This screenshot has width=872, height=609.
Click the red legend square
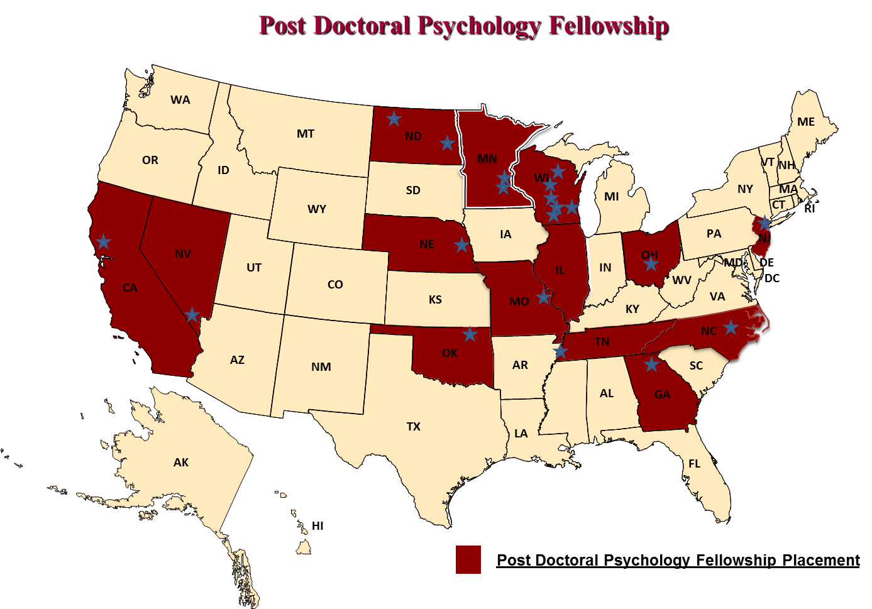click(468, 559)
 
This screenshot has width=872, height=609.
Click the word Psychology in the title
click(478, 26)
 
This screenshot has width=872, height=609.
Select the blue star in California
click(103, 241)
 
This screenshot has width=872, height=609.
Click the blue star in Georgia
click(651, 364)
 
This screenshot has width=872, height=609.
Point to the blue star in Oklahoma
click(470, 334)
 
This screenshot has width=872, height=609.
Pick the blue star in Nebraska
click(461, 244)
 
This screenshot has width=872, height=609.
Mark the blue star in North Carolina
click(731, 327)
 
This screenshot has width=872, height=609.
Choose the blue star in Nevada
click(192, 315)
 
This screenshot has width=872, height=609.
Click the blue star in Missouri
click(543, 296)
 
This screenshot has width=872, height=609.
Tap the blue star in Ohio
click(651, 264)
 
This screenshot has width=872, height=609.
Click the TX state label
click(413, 427)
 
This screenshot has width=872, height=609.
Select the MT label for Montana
click(306, 134)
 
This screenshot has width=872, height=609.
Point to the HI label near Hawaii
click(317, 526)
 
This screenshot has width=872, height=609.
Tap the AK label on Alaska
click(181, 463)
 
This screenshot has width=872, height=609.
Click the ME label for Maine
click(805, 122)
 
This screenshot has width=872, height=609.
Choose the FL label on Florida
click(694, 464)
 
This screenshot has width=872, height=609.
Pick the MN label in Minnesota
click(487, 158)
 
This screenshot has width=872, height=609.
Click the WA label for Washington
click(180, 100)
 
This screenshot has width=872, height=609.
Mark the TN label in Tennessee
click(602, 342)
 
